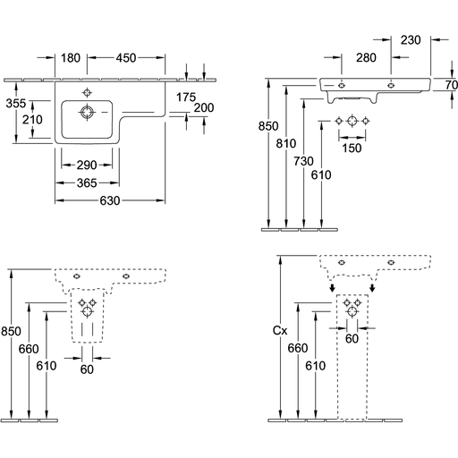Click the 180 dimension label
(x=71, y=58)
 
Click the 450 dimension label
(x=126, y=58)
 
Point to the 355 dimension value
(x=16, y=104)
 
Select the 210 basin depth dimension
(x=32, y=120)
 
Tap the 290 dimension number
(x=87, y=165)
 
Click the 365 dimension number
(x=87, y=182)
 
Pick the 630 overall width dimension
(x=110, y=200)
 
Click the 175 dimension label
(x=186, y=98)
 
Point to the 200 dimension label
(x=204, y=107)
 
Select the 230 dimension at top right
(x=411, y=40)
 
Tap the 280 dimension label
(x=366, y=57)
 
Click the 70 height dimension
(x=452, y=85)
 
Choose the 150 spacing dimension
(x=352, y=148)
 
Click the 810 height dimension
(x=286, y=143)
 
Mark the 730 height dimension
(x=303, y=161)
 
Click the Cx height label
(x=280, y=330)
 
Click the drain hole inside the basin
(x=87, y=112)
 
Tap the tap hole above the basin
(x=87, y=93)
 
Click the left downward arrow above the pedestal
(x=332, y=288)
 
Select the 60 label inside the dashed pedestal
(x=352, y=339)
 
